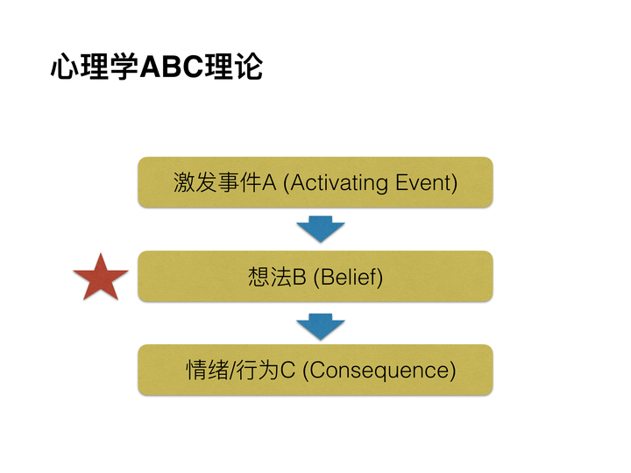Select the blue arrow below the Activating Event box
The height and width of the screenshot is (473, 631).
pyautogui.click(x=320, y=229)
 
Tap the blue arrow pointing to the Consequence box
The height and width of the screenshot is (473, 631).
pyautogui.click(x=320, y=326)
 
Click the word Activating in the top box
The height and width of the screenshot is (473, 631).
pyautogui.click(x=339, y=183)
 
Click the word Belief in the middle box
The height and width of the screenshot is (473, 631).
pyautogui.click(x=351, y=278)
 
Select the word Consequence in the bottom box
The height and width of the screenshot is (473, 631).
pyautogui.click(x=379, y=371)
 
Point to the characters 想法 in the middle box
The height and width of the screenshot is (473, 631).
pyautogui.click(x=269, y=278)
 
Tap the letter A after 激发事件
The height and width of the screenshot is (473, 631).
pyautogui.click(x=270, y=183)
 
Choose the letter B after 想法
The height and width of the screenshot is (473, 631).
pyautogui.click(x=299, y=278)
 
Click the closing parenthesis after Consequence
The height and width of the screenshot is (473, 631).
pyautogui.click(x=453, y=371)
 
